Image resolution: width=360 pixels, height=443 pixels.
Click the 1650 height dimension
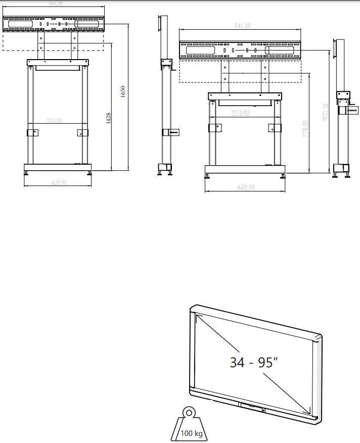click(x=122, y=92)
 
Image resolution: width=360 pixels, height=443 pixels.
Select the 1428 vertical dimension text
click(x=109, y=118)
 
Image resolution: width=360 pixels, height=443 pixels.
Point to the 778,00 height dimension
click(x=305, y=131)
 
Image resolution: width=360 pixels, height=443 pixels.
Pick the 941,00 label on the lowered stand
click(x=242, y=26)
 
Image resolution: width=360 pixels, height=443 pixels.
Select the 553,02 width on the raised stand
click(x=54, y=120)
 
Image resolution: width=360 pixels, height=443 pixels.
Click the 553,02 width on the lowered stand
click(x=241, y=113)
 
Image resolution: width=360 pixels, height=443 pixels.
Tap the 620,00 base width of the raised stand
click(x=58, y=183)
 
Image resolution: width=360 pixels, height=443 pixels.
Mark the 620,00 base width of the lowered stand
click(x=245, y=187)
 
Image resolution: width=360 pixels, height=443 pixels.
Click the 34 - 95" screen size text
click(x=253, y=362)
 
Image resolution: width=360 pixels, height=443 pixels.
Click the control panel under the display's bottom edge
click(x=252, y=407)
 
